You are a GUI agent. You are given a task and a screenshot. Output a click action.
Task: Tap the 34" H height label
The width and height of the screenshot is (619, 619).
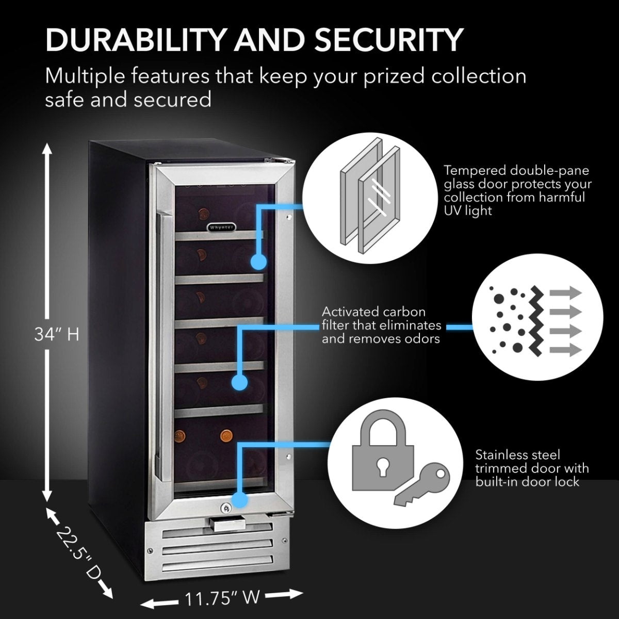[57, 335]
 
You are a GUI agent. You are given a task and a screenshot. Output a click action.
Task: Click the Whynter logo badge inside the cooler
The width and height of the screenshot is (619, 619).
[222, 226]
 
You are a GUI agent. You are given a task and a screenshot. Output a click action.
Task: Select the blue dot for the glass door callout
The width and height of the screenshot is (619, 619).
[258, 262]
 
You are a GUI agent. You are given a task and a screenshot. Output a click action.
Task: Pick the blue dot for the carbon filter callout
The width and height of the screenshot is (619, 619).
[238, 382]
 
